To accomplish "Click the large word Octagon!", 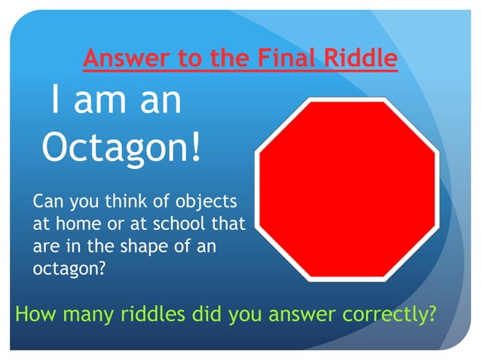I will (121, 148).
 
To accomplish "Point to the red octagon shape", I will (348, 188).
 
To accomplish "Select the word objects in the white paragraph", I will (206, 203).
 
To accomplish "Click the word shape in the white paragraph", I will (152, 246).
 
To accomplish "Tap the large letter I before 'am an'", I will (55, 100).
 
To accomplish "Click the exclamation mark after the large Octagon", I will (196, 148).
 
